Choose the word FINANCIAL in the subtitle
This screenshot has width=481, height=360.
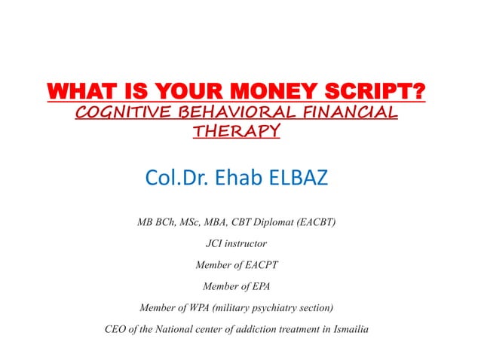click(355, 114)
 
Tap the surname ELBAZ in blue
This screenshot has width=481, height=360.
click(296, 180)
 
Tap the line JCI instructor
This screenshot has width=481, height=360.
click(236, 243)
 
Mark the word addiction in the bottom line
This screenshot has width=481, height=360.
click(247, 329)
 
